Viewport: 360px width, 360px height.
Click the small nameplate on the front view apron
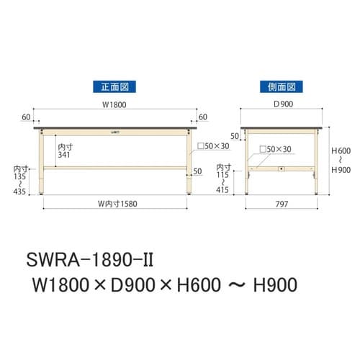(x=116, y=132)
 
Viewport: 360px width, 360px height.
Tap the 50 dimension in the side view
(x=234, y=135)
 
